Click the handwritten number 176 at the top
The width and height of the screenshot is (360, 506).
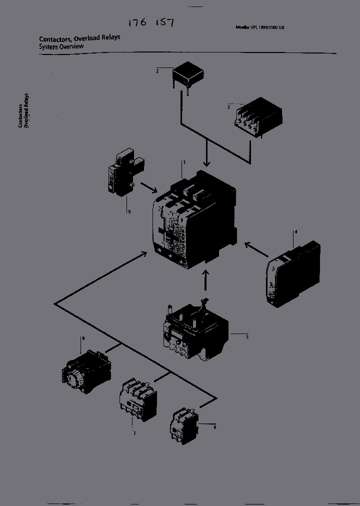[x=137, y=23]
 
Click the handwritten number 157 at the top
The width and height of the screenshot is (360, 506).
[x=164, y=23]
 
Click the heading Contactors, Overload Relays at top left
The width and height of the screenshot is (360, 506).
[x=79, y=38]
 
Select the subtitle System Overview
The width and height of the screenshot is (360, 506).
[x=61, y=46]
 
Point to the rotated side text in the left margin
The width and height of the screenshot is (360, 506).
[x=23, y=111]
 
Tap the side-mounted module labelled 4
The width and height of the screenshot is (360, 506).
[x=293, y=274]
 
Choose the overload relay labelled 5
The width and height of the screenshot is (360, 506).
[x=195, y=331]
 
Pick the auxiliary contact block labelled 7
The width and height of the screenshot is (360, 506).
[x=136, y=400]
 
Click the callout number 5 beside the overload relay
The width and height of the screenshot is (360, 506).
[x=247, y=336]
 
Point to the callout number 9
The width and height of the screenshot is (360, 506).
[x=129, y=212]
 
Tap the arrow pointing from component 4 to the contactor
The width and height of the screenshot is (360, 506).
[x=256, y=250]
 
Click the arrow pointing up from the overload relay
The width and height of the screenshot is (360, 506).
[x=205, y=281]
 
